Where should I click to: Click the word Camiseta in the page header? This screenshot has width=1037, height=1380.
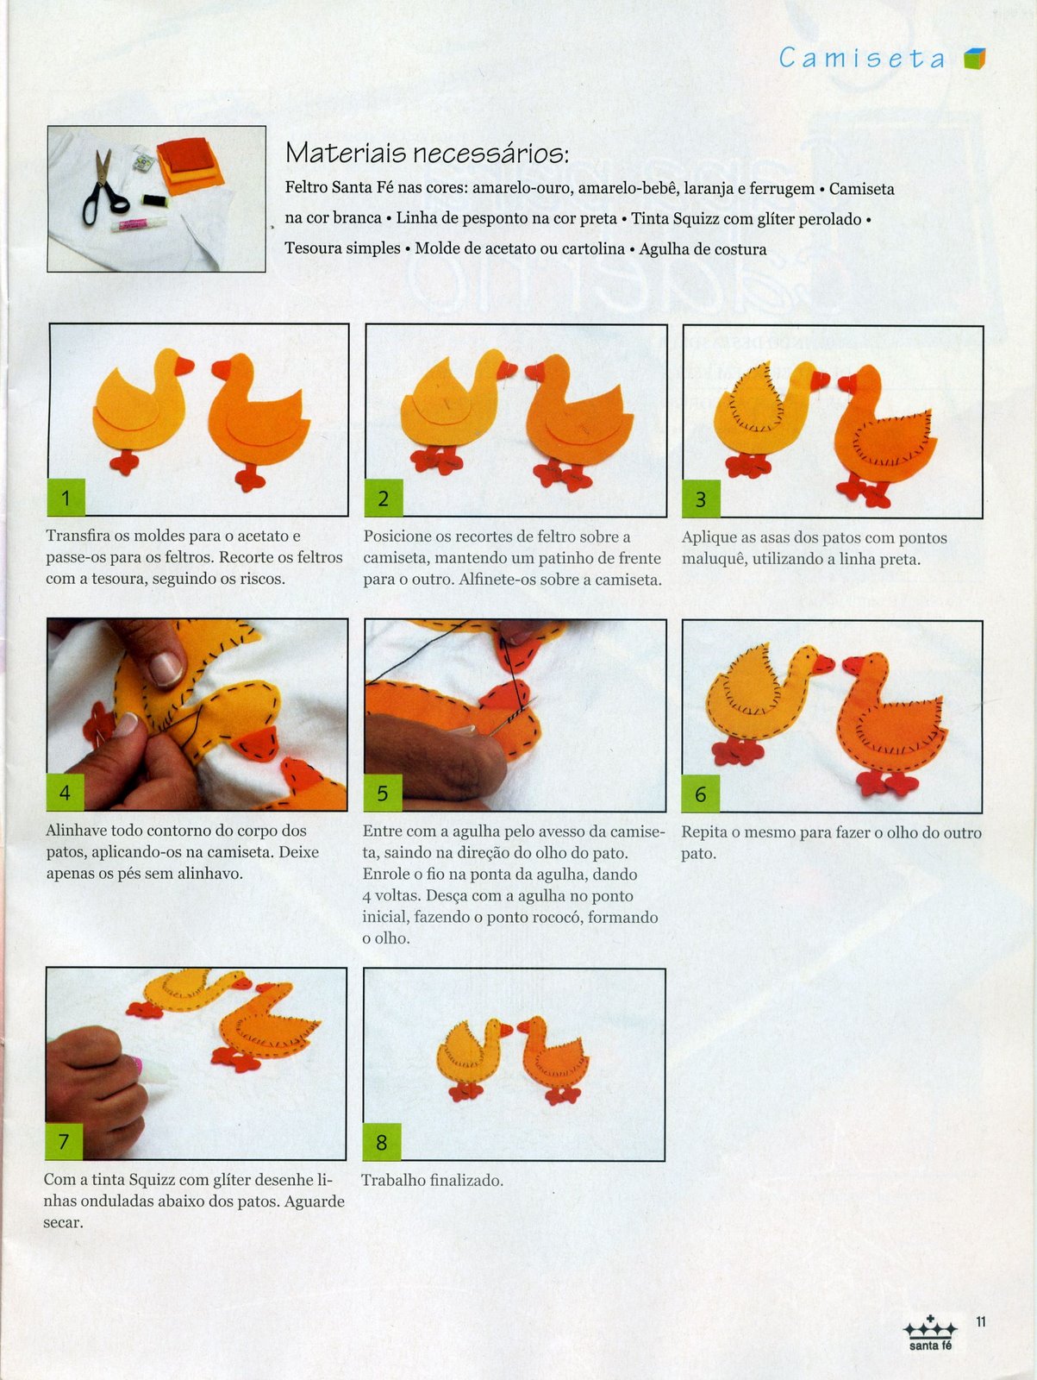click(862, 59)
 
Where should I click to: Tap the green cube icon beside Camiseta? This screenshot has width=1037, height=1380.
click(975, 59)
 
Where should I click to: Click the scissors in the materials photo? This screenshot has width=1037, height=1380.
click(103, 187)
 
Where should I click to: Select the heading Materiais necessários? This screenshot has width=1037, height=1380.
click(427, 153)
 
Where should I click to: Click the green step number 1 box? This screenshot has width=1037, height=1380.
click(66, 498)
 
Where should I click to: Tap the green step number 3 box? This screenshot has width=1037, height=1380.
click(701, 499)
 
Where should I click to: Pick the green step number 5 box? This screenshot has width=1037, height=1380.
click(383, 793)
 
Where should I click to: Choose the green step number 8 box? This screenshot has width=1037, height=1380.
click(382, 1142)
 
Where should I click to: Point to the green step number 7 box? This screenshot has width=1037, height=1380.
click(64, 1140)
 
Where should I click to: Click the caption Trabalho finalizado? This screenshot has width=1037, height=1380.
click(432, 1180)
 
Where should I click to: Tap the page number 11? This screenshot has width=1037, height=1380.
click(980, 1321)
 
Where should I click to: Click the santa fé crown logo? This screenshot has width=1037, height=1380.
click(930, 1333)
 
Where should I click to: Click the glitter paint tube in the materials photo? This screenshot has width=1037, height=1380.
click(139, 223)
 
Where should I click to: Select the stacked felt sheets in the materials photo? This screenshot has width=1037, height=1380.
click(190, 166)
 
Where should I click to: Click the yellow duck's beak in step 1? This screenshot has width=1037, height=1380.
click(184, 366)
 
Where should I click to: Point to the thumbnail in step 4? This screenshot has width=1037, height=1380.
click(166, 668)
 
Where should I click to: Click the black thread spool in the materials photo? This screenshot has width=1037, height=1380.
click(154, 201)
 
